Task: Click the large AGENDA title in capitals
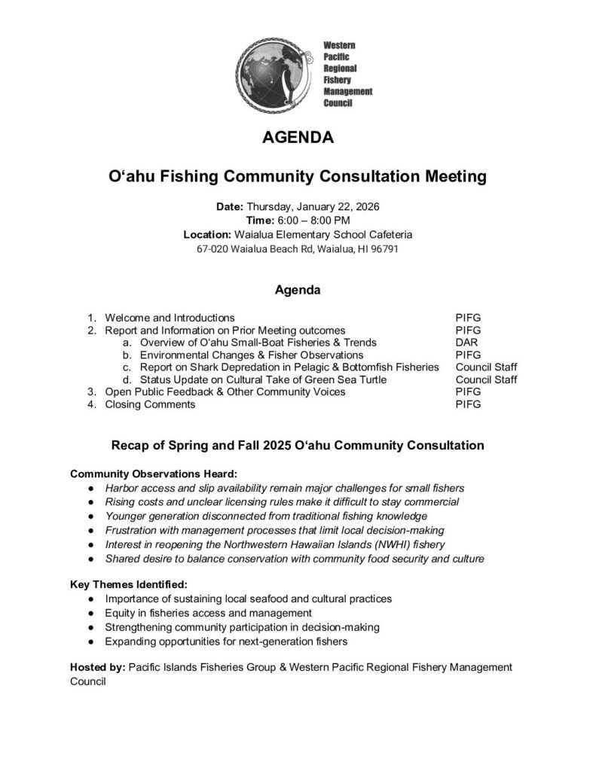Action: tap(298, 139)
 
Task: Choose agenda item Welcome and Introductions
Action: tap(170, 318)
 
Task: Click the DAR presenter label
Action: tap(466, 343)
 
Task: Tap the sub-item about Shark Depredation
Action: tap(289, 367)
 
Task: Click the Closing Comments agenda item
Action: tap(150, 404)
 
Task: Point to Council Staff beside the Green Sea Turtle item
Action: tap(486, 379)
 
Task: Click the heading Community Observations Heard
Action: tap(154, 474)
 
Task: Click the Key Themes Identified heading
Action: tap(129, 584)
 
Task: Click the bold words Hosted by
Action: tap(97, 667)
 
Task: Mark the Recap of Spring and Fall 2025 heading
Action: tap(298, 445)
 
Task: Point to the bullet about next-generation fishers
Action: tap(226, 641)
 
